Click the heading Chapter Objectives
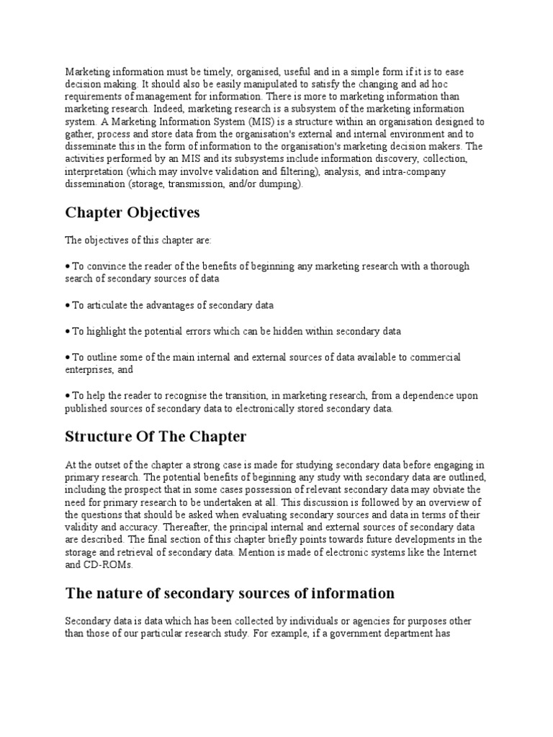132,213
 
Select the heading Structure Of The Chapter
156,437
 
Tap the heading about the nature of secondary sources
230,593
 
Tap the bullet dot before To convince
68,266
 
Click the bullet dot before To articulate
68,305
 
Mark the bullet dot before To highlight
68,331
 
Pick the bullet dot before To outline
68,358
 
